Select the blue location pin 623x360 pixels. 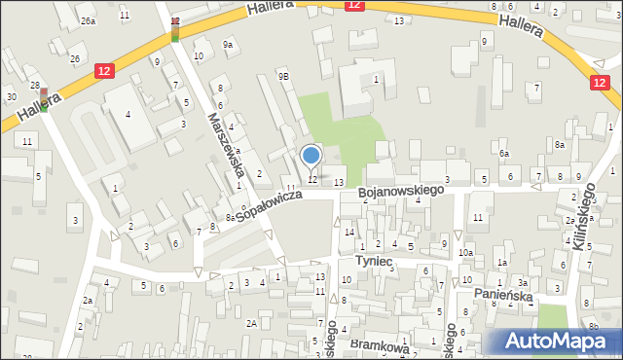coord(311,157)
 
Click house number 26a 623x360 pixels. coord(89,20)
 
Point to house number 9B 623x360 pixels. coord(283,75)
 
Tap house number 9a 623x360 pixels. coord(228,44)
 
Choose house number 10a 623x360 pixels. coord(466,253)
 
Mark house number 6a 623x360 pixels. coord(504,154)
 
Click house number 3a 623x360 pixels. coord(522,282)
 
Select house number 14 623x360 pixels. coord(348,232)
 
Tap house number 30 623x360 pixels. coord(11,96)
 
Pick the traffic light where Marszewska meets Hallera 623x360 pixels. coord(175,29)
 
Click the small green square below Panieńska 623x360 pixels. coord(552,317)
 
